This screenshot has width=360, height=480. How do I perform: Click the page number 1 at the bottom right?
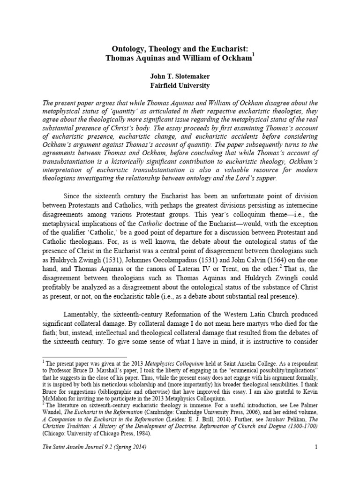coord(316,461)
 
